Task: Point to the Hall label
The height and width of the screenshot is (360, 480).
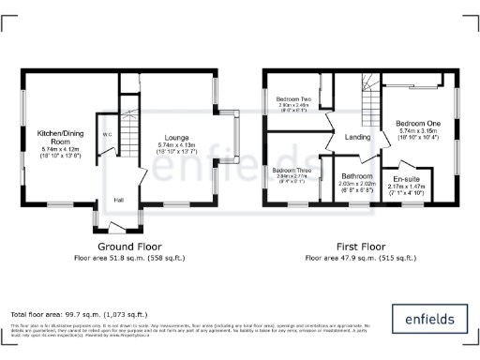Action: [119, 199]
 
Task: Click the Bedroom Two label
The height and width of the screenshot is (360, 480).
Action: [292, 98]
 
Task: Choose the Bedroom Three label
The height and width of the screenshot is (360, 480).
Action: [292, 169]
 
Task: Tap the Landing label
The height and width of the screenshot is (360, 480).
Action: [358, 138]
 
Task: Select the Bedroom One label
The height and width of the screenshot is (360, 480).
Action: [418, 123]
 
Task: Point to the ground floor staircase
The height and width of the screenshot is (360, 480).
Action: [129, 123]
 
